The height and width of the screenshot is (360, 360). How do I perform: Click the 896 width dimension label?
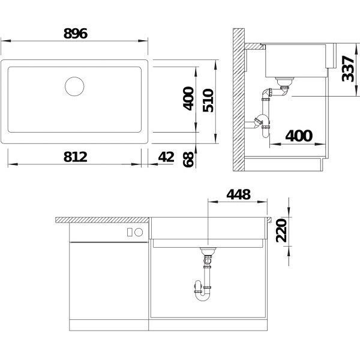point(76,34)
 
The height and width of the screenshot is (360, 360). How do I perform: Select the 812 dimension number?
point(76,157)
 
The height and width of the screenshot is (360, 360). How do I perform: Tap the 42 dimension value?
point(166,157)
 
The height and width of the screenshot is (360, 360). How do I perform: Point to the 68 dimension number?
point(188,160)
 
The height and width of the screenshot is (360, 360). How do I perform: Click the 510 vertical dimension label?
point(208,100)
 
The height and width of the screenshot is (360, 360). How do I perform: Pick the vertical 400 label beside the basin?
point(188,98)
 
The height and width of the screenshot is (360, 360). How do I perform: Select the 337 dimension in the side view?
point(348,68)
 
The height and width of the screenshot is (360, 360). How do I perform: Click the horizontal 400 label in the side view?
point(299,136)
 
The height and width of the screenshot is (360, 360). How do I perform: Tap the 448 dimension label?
point(238,194)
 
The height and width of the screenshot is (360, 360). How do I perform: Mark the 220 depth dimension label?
point(281,230)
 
